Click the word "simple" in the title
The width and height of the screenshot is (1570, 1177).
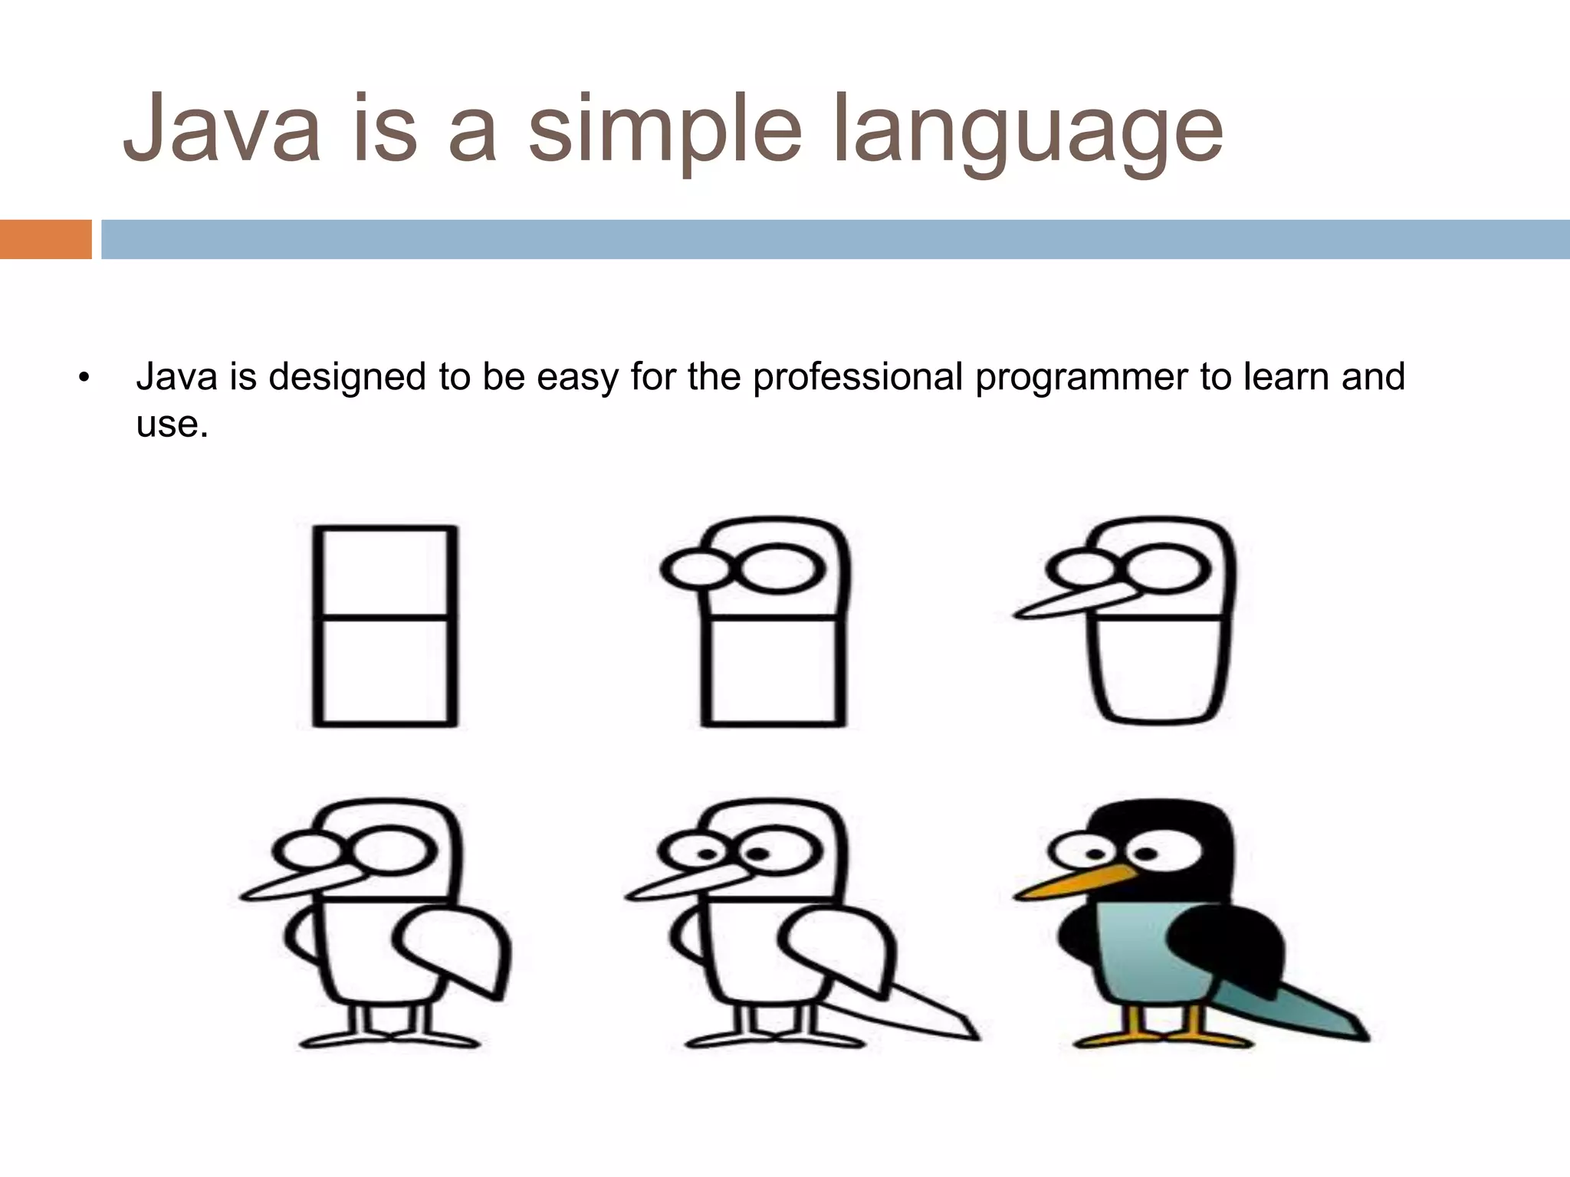665,130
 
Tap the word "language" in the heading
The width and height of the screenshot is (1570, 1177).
1027,130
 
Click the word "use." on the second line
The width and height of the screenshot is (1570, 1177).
172,424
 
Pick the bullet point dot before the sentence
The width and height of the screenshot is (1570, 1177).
84,378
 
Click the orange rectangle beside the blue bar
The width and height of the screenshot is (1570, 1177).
45,239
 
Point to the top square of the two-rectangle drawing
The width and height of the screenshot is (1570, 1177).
385,571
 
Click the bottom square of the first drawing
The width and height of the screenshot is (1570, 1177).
385,670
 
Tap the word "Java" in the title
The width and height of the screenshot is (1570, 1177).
222,130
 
